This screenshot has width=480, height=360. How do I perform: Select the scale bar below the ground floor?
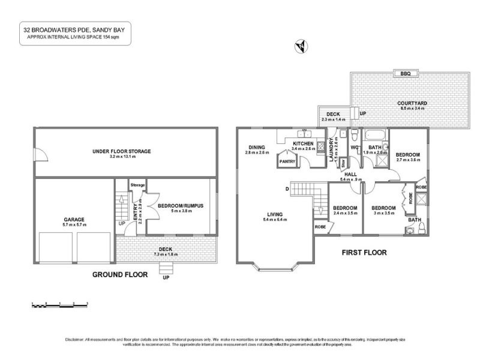click(x=60, y=305)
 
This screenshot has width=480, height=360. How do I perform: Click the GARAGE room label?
click(x=74, y=220)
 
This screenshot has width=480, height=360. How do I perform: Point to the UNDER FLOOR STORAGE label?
click(x=122, y=151)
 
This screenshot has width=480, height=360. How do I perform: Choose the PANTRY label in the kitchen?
click(x=287, y=161)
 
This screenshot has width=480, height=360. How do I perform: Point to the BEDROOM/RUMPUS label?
click(x=181, y=206)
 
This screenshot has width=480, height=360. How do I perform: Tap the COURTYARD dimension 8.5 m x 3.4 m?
click(x=412, y=109)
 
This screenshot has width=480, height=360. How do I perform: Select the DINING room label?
click(x=257, y=147)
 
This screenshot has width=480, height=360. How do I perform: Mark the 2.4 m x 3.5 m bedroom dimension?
click(x=345, y=213)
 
